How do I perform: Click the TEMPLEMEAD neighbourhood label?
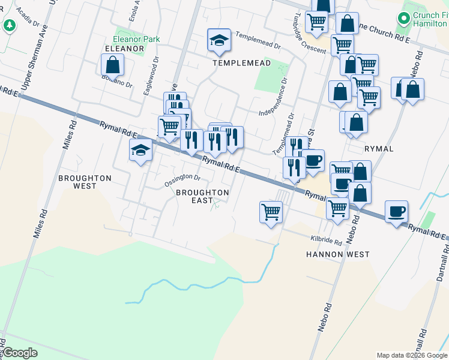coord(241,62)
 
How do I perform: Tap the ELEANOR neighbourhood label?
coord(125,48)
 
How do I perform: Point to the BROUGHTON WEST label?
coord(85,182)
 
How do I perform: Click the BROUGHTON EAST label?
coord(202,196)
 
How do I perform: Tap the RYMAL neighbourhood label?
coord(379,148)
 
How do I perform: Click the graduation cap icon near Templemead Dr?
coord(219,40)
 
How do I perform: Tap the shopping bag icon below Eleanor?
coord(112,65)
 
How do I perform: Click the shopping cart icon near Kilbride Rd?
coord(271,212)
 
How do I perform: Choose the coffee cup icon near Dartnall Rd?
coord(396,212)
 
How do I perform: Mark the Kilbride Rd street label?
coord(326,239)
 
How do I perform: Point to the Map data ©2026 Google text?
coord(411,355)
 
